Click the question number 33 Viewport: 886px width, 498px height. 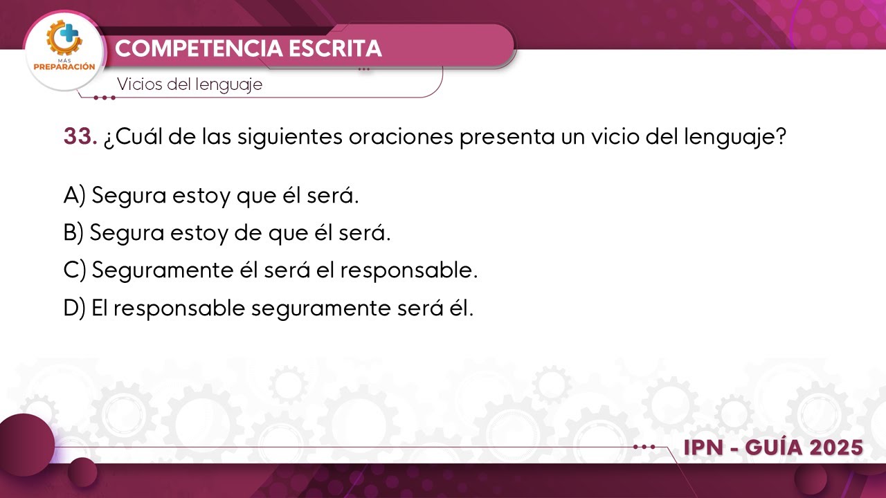coord(80,137)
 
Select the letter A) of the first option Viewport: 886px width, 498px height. coord(74,196)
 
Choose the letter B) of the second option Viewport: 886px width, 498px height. coord(73,233)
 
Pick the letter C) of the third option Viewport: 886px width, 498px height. coord(74,270)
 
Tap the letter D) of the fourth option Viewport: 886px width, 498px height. coord(74,308)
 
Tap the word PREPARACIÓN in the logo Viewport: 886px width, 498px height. coord(64,68)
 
